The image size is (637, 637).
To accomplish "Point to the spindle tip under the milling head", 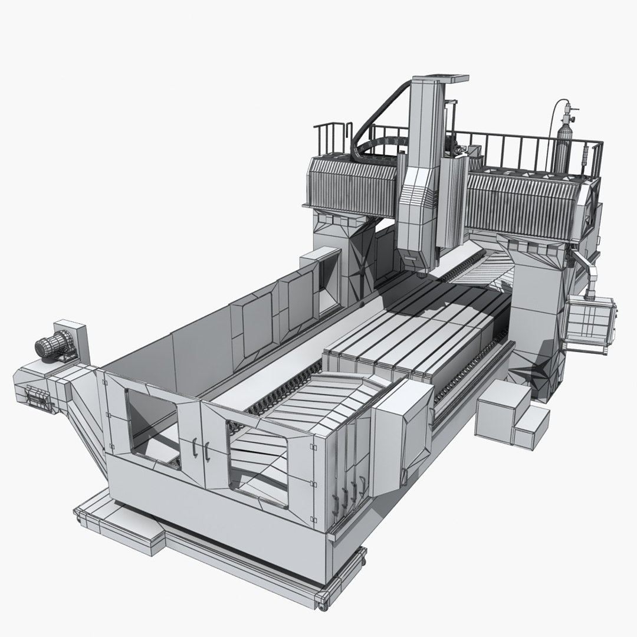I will (x=421, y=273).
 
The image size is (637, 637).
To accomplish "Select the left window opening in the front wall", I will (x=150, y=425).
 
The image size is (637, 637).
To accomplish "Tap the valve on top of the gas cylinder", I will (x=567, y=109).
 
